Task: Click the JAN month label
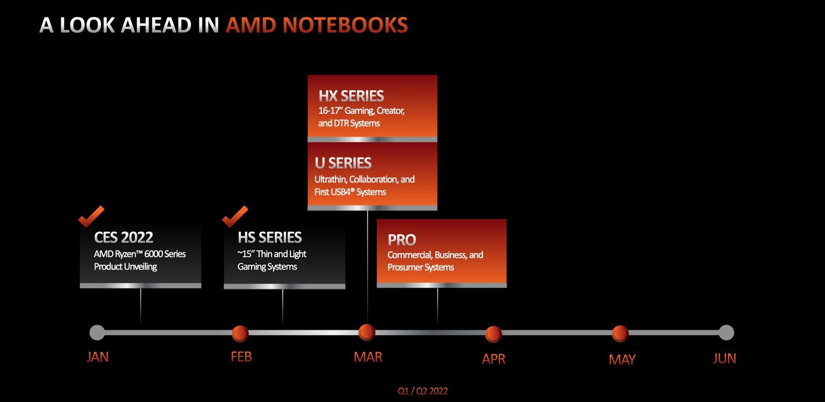point(98,357)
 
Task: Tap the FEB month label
point(241,356)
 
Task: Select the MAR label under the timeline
point(368,357)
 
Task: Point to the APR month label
point(493,359)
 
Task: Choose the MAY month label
point(622,359)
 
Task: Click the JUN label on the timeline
point(724,358)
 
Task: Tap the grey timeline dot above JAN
point(97,332)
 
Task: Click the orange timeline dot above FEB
point(240,333)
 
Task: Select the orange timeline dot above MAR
point(367,332)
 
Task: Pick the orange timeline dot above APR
point(493,334)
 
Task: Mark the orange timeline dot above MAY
point(620,334)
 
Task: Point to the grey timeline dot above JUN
point(726,332)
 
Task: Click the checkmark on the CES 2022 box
point(91,216)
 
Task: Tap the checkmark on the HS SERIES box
point(235,216)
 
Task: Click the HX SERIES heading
point(351,95)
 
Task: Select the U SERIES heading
point(343,163)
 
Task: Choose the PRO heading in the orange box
point(402,239)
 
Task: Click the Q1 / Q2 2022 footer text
point(423,391)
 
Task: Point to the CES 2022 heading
point(124,237)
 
